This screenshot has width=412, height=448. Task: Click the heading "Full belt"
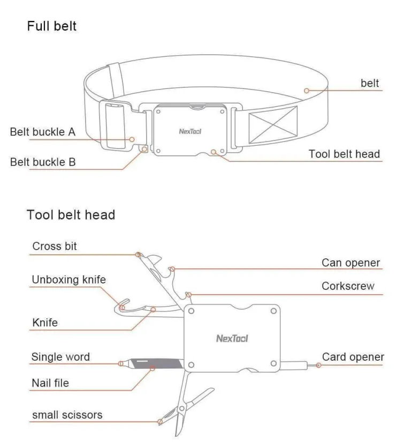point(52,26)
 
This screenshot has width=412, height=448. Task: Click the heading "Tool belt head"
point(71,215)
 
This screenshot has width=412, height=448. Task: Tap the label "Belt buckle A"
point(43,131)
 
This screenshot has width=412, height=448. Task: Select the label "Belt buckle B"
point(43,161)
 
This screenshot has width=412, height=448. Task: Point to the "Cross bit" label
point(55,246)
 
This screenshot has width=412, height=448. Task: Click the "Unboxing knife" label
point(68,279)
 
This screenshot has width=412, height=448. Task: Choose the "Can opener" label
point(350,263)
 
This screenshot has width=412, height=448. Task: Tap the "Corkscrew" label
point(348,286)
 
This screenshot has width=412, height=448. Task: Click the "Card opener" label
point(353,357)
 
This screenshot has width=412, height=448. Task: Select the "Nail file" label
point(50,383)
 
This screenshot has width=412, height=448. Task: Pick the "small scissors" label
point(67,415)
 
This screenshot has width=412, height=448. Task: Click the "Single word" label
point(60,357)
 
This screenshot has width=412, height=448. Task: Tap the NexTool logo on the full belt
point(189,130)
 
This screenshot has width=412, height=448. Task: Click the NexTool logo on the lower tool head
point(232,338)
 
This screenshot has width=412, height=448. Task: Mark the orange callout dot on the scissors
point(159,422)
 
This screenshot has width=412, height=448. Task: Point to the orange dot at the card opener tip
point(318,365)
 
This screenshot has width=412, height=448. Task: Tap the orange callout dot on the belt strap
point(307,91)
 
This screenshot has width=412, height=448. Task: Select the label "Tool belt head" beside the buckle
point(344,154)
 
